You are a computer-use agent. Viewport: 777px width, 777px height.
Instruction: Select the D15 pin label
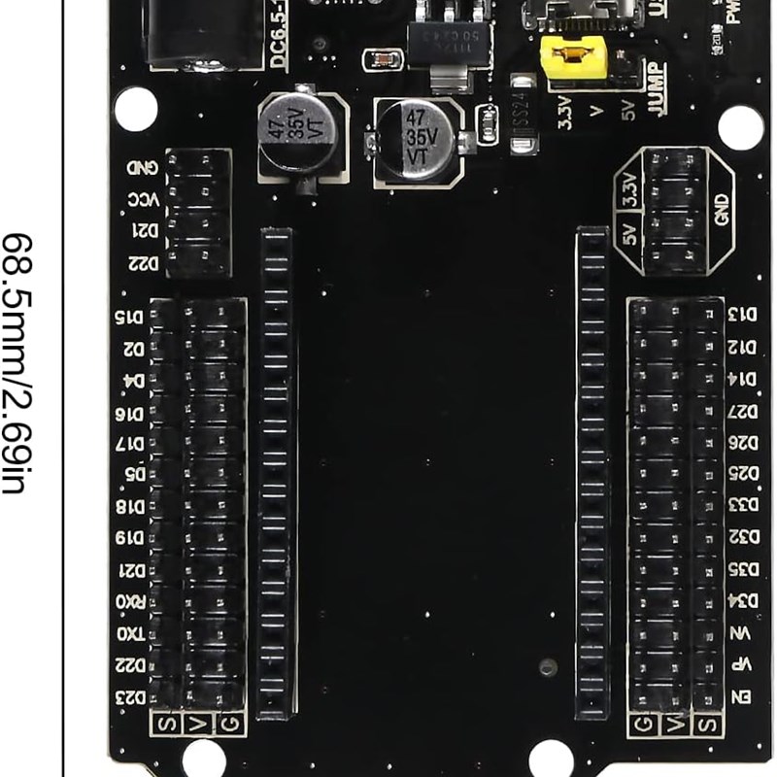coord(130,317)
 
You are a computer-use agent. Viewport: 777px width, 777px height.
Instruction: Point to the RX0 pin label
coord(130,602)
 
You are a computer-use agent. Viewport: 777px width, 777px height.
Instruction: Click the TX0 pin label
coord(130,633)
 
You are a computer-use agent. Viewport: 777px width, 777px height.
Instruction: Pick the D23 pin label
coord(130,697)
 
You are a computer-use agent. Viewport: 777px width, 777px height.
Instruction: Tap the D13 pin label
coord(742,314)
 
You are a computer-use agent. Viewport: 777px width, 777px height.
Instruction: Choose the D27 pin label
coord(742,410)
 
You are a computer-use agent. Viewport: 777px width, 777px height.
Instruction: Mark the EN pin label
coord(742,696)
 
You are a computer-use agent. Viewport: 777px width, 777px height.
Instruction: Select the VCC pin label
coord(137,200)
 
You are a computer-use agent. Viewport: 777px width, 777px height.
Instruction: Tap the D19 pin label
coord(130,538)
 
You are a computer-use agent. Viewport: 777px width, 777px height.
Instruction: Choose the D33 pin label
coord(742,505)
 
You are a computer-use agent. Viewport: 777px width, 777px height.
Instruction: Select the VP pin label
coord(742,665)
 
